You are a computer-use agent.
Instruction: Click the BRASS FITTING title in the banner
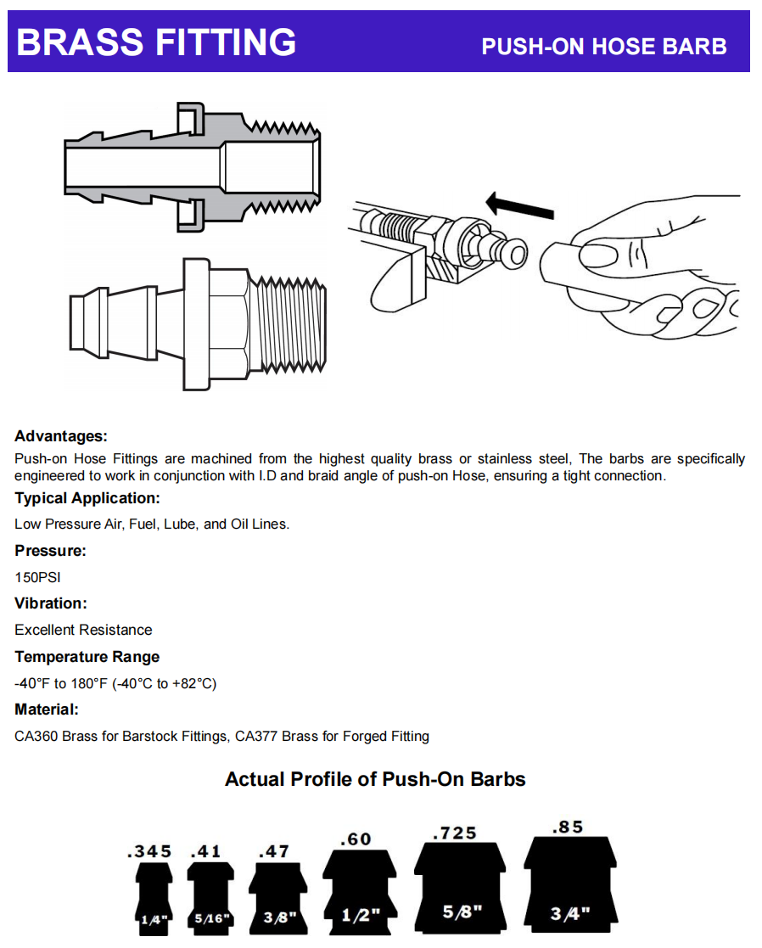156,42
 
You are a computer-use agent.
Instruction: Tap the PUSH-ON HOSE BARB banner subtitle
603,46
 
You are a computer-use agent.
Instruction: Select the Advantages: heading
61,436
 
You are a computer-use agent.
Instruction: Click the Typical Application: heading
87,498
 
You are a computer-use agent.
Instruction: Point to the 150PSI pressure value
37,577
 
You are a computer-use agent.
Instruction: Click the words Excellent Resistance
83,630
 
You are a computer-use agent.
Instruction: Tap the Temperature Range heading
87,657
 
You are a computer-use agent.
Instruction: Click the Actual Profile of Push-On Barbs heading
375,779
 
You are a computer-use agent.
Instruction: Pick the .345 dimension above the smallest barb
148,851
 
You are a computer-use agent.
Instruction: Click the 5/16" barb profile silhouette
210,900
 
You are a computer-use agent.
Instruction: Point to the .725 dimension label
455,833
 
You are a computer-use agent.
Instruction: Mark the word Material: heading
47,710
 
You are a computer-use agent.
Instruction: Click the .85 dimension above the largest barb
568,826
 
